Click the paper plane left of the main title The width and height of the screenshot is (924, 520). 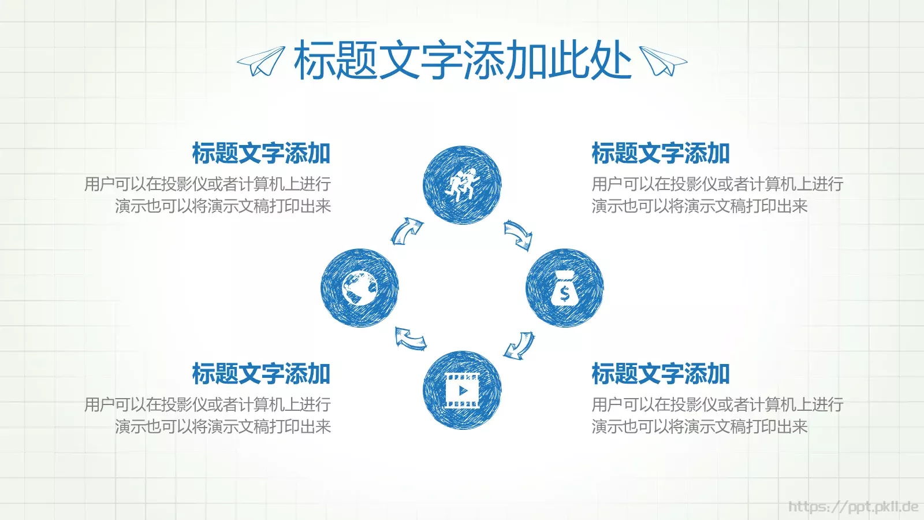pos(261,61)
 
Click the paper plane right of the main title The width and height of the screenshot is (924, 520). pos(663,61)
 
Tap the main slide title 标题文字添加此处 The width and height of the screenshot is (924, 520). pos(462,60)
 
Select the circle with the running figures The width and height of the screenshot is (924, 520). pos(462,185)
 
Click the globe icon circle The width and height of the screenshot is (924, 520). pos(359,288)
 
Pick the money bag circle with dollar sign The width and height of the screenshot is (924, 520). pos(564,288)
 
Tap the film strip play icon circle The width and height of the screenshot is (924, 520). pos(462,390)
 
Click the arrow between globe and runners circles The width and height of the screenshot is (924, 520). pos(407,231)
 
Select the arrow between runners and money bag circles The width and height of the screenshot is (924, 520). pos(518,235)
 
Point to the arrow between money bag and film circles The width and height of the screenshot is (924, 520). pos(519,346)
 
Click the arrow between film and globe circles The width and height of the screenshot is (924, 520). pos(410,337)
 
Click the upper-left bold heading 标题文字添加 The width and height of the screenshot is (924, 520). pos(261,154)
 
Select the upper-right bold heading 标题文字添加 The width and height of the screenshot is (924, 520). pos(661,154)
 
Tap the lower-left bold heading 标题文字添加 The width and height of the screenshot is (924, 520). pos(261,374)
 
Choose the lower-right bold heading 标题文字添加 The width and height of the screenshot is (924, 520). pos(661,374)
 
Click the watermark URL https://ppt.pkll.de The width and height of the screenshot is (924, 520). pos(853,507)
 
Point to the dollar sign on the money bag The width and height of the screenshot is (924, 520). pos(565,294)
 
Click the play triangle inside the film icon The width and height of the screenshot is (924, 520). pos(463,391)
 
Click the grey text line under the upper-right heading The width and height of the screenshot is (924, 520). pos(717,184)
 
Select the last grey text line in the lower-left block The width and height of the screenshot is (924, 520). pos(223,426)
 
